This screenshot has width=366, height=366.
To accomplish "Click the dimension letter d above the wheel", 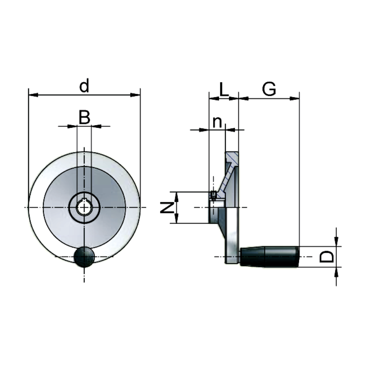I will tap(84, 86).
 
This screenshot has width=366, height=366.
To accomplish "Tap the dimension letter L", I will tap(223, 90).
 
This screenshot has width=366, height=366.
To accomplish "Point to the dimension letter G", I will tap(269, 89).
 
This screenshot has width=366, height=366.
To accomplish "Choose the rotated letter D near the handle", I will tap(326, 256).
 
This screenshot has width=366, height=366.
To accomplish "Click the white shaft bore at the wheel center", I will tap(84, 208).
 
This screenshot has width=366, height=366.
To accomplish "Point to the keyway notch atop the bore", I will tap(84, 200).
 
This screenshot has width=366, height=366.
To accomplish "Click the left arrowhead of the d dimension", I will tap(33, 95).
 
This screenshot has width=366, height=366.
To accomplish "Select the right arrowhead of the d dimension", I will tap(136, 95).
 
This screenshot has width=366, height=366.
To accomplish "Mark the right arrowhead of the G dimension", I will tap(295, 98).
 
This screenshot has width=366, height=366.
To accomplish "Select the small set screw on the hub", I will tap(214, 194).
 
